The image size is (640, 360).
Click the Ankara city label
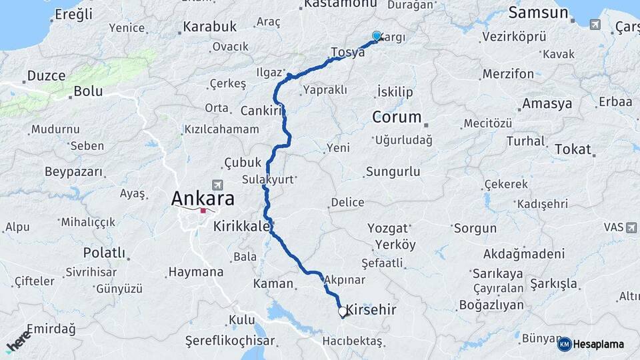(203, 199)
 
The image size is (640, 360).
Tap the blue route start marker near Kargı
(377, 37)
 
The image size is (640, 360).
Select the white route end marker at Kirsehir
(342, 311)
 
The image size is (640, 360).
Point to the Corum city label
(397, 117)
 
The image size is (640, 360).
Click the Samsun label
(538, 13)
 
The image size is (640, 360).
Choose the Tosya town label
(347, 52)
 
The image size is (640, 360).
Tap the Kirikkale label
(241, 227)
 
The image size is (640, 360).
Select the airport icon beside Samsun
(595, 25)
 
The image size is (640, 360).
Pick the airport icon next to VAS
(631, 227)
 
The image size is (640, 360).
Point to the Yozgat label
(387, 229)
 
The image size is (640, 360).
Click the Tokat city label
(573, 149)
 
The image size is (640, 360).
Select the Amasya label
(547, 104)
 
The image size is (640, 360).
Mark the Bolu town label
(88, 91)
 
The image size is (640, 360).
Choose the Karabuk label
(209, 27)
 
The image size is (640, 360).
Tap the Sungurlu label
(393, 172)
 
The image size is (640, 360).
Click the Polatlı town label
(104, 253)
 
